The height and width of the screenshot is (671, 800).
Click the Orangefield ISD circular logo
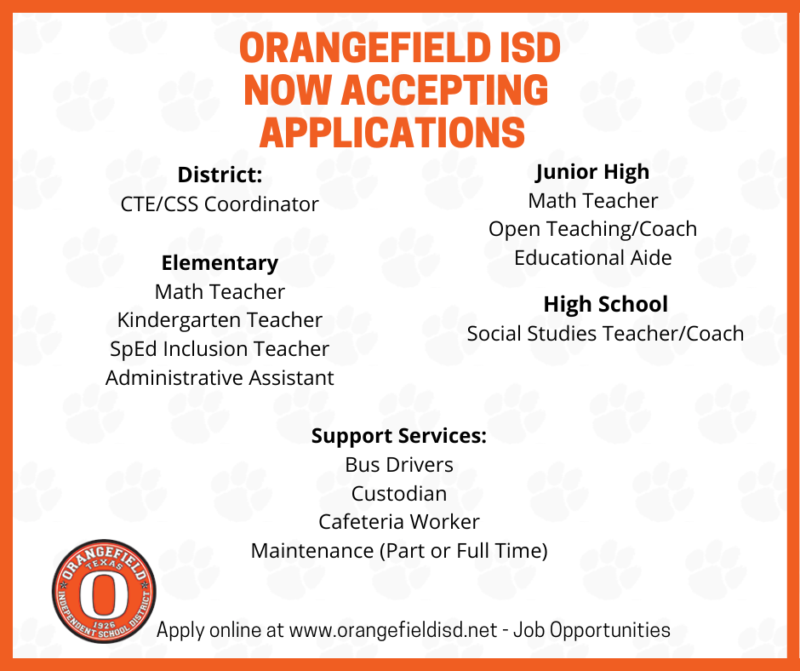pyautogui.click(x=104, y=592)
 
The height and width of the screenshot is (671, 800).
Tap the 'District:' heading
pyautogui.click(x=220, y=175)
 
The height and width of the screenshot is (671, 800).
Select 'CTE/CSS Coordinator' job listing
pyautogui.click(x=220, y=204)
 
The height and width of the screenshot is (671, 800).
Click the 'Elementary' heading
pyautogui.click(x=220, y=262)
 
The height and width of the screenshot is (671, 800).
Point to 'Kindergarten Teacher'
pyautogui.click(x=220, y=320)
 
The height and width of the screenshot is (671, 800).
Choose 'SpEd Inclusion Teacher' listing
pyautogui.click(x=220, y=349)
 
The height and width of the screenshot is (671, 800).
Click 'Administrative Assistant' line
pyautogui.click(x=220, y=377)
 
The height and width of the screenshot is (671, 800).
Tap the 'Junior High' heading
pyautogui.click(x=592, y=171)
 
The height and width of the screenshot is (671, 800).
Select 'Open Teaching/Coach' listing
pyautogui.click(x=592, y=229)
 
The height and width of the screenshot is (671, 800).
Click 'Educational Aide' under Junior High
pyautogui.click(x=592, y=257)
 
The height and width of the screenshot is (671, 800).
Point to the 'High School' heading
pyautogui.click(x=605, y=304)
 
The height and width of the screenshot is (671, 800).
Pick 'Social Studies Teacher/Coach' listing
pyautogui.click(x=605, y=333)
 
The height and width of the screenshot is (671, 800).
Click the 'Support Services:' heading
pyautogui.click(x=399, y=436)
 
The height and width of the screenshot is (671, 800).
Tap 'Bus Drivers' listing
pyautogui.click(x=399, y=465)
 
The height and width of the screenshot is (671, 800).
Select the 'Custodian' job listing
pyautogui.click(x=399, y=493)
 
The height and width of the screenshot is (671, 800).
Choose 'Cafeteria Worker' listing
pyautogui.click(x=399, y=521)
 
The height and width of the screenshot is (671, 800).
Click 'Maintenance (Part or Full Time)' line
pyautogui.click(x=399, y=550)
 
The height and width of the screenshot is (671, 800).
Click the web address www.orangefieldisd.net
pyautogui.click(x=392, y=630)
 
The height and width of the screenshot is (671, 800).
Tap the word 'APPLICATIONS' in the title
pyautogui.click(x=391, y=133)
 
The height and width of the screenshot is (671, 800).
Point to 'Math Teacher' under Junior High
pyautogui.click(x=592, y=201)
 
